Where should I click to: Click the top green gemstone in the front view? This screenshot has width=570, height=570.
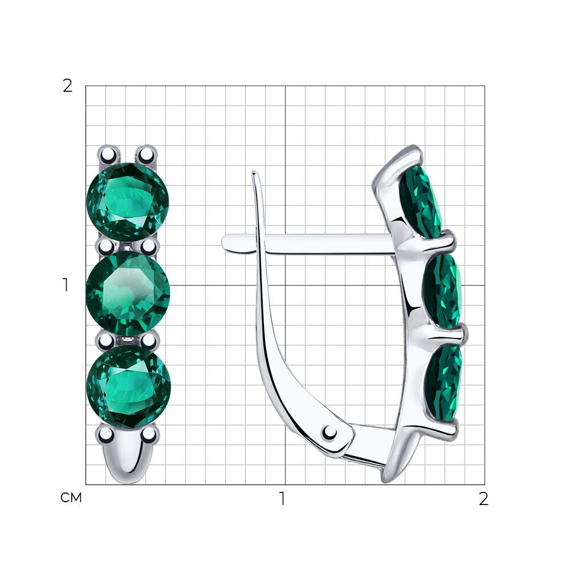[x=128, y=202]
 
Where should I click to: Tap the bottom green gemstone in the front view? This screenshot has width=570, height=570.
[x=129, y=386]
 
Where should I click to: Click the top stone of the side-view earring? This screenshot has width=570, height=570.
[x=420, y=202]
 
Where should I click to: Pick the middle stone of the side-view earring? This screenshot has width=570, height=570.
[x=442, y=291]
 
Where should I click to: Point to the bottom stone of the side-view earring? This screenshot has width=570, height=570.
[x=443, y=383]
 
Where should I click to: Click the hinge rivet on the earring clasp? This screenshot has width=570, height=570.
[x=329, y=433]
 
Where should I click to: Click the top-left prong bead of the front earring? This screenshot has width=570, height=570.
[x=108, y=155]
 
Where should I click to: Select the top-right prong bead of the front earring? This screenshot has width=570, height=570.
[x=146, y=155]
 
